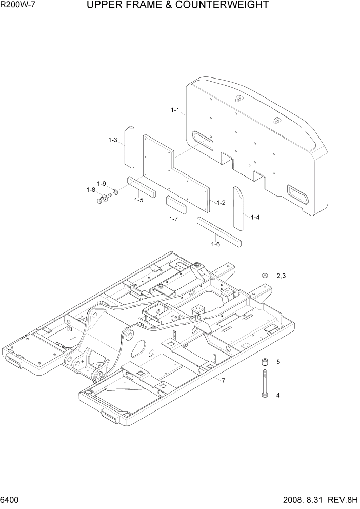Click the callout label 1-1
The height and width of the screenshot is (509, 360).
pyautogui.click(x=175, y=110)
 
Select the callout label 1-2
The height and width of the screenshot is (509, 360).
pyautogui.click(x=221, y=203)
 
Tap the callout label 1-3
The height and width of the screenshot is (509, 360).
pyautogui.click(x=113, y=140)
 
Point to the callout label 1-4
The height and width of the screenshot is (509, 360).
pyautogui.click(x=255, y=217)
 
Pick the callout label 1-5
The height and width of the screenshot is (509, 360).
pyautogui.click(x=139, y=200)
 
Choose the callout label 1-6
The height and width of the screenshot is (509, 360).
pyautogui.click(x=215, y=244)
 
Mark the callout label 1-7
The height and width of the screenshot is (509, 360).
pyautogui.click(x=173, y=219)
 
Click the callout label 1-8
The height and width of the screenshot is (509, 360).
pyautogui.click(x=91, y=190)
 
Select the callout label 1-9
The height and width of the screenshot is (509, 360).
pyautogui.click(x=102, y=183)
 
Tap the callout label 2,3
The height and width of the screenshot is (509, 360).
pyautogui.click(x=281, y=276)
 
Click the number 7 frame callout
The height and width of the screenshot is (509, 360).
pyautogui.click(x=223, y=380)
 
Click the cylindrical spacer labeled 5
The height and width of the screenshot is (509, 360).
pyautogui.click(x=265, y=363)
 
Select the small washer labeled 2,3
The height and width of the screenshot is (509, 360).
pyautogui.click(x=265, y=276)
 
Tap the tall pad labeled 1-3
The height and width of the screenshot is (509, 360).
pyautogui.click(x=128, y=146)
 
